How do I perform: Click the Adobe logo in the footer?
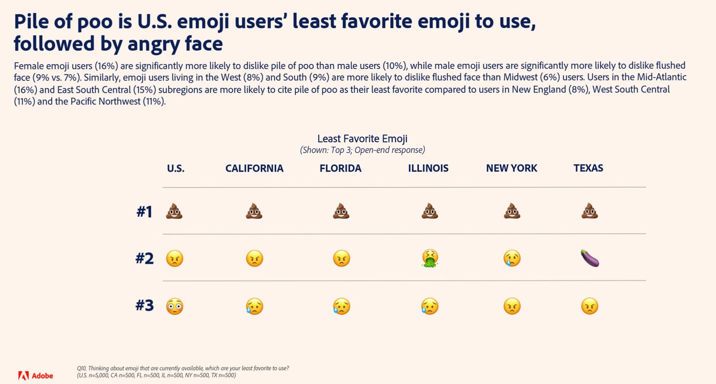click(x=35, y=376)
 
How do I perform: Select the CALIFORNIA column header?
click(x=255, y=168)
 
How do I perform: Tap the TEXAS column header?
click(x=588, y=168)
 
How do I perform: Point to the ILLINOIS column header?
click(x=428, y=168)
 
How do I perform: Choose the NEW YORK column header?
click(x=511, y=168)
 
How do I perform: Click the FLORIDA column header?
click(x=341, y=168)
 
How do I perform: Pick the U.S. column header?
click(x=175, y=168)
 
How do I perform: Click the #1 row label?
click(x=144, y=211)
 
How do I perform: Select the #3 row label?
click(x=145, y=305)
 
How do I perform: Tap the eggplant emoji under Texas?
click(x=590, y=258)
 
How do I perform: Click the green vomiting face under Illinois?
click(x=430, y=258)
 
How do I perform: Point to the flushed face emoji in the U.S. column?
click(x=175, y=306)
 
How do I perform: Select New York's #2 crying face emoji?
click(x=512, y=258)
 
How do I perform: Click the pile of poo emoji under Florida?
click(x=341, y=211)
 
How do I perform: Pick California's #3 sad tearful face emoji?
click(x=255, y=306)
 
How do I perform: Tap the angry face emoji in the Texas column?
click(x=590, y=306)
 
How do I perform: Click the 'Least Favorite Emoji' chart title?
click(x=362, y=139)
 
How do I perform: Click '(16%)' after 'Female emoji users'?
click(x=107, y=66)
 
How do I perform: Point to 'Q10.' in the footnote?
click(x=81, y=368)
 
